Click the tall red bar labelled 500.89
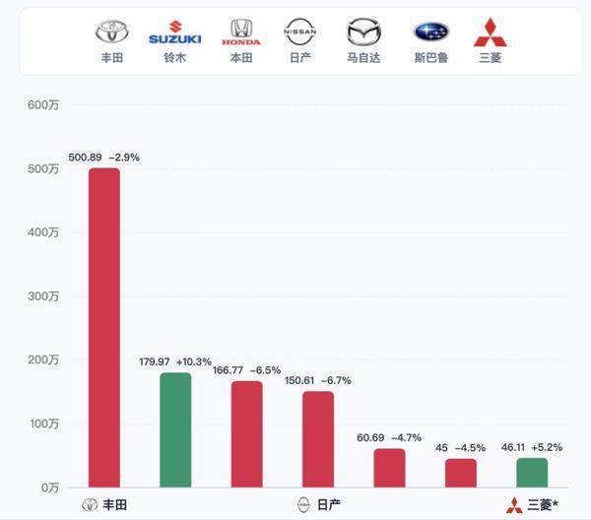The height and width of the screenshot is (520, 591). (x=104, y=327)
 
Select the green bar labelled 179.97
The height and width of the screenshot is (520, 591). (x=175, y=430)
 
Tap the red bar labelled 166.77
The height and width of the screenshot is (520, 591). (x=247, y=434)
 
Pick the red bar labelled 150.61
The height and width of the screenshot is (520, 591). (x=318, y=439)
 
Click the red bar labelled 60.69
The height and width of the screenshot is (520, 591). (x=389, y=468)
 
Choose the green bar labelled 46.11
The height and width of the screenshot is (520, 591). (x=532, y=473)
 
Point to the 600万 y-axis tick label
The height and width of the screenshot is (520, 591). (x=43, y=104)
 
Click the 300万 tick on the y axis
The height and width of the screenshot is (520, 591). (x=43, y=296)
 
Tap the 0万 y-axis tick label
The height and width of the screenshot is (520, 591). (x=50, y=487)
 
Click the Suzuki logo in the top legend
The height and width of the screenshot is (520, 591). (x=175, y=32)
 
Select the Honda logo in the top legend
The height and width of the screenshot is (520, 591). (x=241, y=32)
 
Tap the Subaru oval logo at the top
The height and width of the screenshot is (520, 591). (x=431, y=32)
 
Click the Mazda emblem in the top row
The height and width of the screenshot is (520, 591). (x=363, y=32)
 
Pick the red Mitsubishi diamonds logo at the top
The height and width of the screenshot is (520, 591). (x=490, y=32)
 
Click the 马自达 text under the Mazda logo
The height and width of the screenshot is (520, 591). (x=363, y=58)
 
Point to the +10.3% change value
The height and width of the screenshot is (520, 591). (x=194, y=361)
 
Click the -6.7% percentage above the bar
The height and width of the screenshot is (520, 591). (x=336, y=380)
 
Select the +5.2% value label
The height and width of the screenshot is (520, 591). (x=547, y=447)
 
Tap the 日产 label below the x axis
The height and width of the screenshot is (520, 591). (x=329, y=505)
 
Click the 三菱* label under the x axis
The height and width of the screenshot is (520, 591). (x=543, y=505)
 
